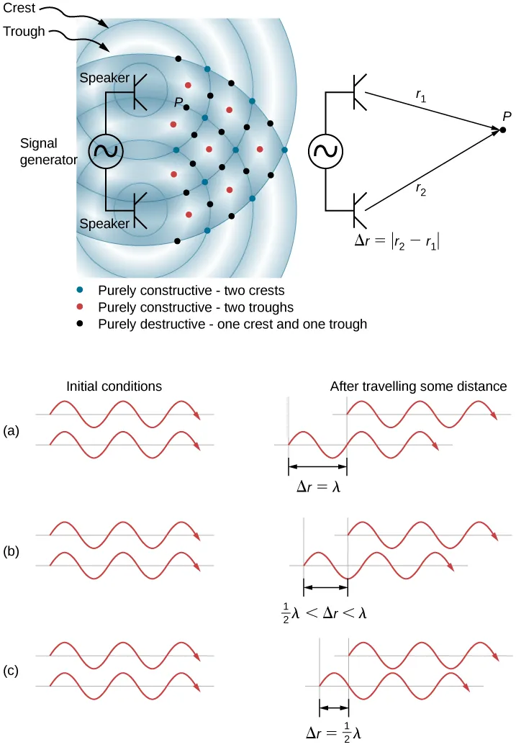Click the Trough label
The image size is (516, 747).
[x=24, y=32]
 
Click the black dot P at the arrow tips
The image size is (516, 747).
[x=503, y=130]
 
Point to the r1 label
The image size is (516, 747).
[x=422, y=96]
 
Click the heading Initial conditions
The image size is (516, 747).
[x=114, y=386]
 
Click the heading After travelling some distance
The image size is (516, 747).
[x=418, y=386]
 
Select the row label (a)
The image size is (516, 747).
[x=11, y=430]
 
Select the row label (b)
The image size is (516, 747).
[x=11, y=551]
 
